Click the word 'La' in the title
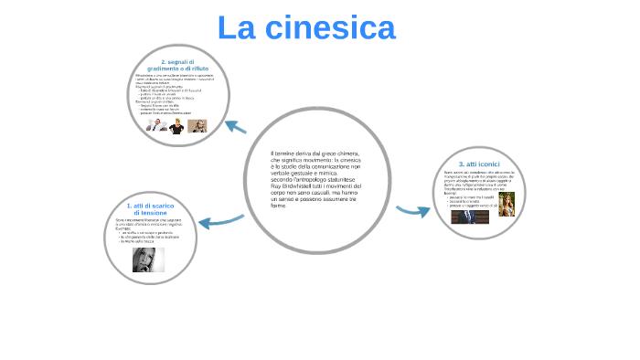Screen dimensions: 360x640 coord(236,27)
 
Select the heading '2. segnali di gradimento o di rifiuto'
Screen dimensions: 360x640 coord(177,65)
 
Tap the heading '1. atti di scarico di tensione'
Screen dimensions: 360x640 coord(150,209)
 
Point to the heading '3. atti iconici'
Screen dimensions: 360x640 coord(479,164)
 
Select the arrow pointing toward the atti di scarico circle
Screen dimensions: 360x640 coord(220,221)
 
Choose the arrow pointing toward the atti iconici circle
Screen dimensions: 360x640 coord(413,211)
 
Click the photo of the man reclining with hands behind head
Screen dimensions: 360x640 coord(157,126)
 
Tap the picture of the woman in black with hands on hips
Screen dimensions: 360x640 coord(177,126)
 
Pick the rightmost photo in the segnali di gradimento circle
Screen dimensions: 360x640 coord(197,126)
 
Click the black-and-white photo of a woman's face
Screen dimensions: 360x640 coord(148,259)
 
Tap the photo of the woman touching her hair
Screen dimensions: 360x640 coord(507,204)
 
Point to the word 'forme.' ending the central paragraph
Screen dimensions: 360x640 coord(279,206)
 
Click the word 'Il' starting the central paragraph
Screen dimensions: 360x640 coord(272,153)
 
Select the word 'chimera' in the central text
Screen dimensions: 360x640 coord(346,153)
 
